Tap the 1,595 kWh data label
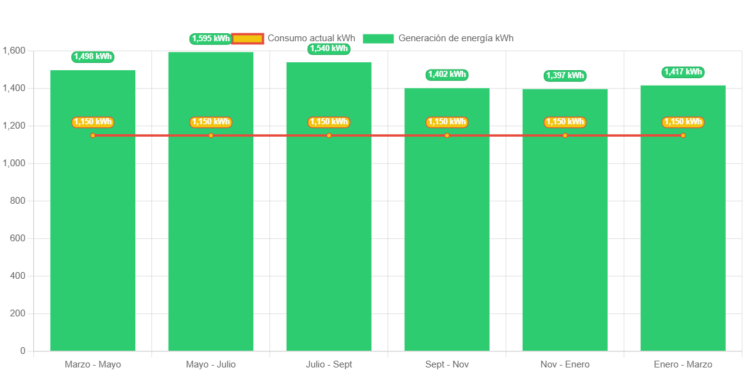(x=210, y=39)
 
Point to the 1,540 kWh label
(x=329, y=49)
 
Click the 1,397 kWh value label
(x=565, y=76)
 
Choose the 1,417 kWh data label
(x=683, y=72)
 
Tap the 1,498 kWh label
(x=93, y=57)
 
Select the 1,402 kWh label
(x=446, y=74)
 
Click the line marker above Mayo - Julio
(x=211, y=135)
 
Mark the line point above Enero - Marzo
(x=683, y=135)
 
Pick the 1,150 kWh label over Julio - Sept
(x=329, y=122)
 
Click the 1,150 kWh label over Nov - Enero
(x=565, y=122)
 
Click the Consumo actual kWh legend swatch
(x=248, y=39)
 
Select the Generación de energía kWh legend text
(x=456, y=38)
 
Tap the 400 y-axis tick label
(x=18, y=276)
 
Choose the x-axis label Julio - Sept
(x=329, y=364)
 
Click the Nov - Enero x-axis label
(x=565, y=364)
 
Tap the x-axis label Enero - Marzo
(x=683, y=364)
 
